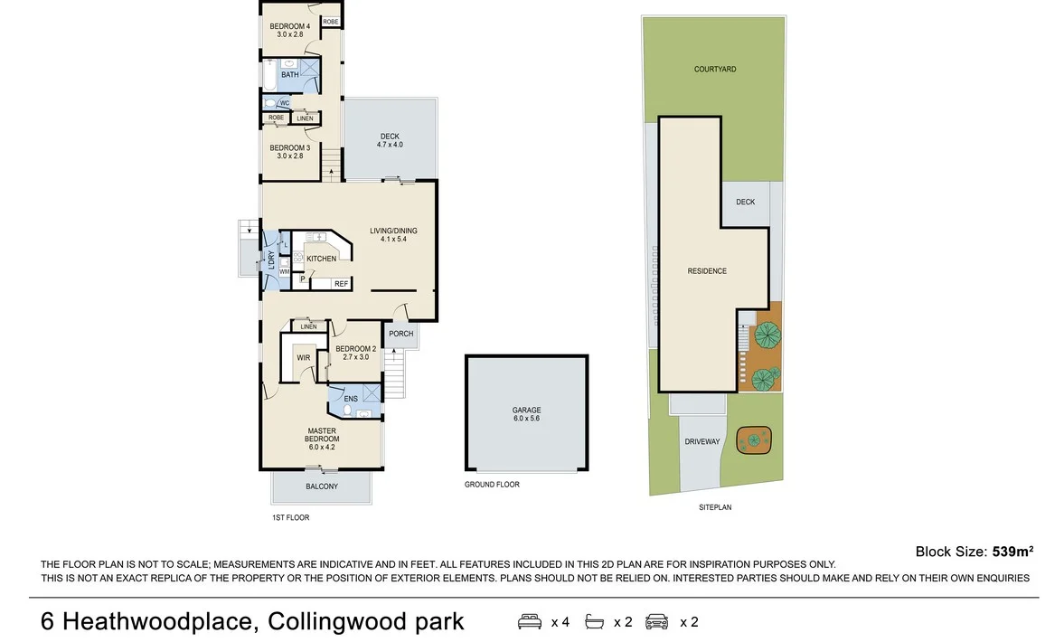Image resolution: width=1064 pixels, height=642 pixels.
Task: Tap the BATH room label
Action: click(x=289, y=75)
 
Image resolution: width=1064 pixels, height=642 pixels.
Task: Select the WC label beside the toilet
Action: click(x=284, y=103)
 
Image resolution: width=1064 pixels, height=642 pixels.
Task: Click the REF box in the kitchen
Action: click(x=341, y=284)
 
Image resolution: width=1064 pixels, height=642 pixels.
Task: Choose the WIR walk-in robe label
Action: click(x=303, y=357)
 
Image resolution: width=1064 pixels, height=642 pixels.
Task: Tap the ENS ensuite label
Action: click(x=351, y=398)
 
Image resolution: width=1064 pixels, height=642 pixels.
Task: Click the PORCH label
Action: click(x=400, y=334)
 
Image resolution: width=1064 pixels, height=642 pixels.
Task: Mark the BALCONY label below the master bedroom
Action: click(x=321, y=486)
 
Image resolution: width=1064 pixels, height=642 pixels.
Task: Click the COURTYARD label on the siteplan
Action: click(x=714, y=69)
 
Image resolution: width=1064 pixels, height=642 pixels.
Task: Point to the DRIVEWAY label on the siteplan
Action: click(x=701, y=441)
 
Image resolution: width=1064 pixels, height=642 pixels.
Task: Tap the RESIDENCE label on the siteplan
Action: click(x=707, y=270)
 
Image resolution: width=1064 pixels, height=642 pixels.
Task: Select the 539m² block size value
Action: click(x=1012, y=551)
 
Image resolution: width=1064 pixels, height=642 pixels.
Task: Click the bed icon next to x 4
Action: click(x=530, y=622)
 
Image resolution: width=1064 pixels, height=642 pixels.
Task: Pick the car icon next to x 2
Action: click(x=657, y=622)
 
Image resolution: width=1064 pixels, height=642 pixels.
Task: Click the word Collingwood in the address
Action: click(x=324, y=622)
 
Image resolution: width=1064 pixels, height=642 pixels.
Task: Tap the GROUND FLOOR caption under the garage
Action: click(x=492, y=485)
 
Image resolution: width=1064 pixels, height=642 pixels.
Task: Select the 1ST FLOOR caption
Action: click(x=290, y=517)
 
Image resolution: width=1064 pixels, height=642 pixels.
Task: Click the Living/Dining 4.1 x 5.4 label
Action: click(x=393, y=235)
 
